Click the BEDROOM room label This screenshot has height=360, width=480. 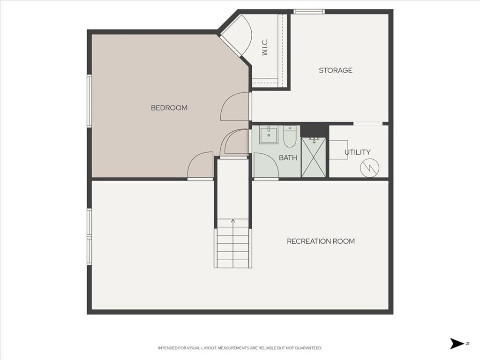(x=169, y=108)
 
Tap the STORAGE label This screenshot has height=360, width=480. (x=336, y=70)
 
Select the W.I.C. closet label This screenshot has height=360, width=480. (x=265, y=47)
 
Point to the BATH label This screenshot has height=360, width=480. (x=288, y=157)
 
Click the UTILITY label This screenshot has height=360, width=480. (x=358, y=152)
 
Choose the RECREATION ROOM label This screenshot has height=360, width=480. (x=321, y=241)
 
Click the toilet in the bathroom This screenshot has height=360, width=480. (x=289, y=136)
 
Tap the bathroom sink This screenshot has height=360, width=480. (x=269, y=135)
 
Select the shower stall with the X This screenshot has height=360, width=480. (x=314, y=157)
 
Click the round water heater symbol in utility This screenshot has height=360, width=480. (x=369, y=168)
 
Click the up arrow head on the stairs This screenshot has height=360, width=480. (x=233, y=221)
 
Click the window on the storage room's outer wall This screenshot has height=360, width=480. (x=309, y=12)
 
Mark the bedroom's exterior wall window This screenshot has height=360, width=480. (x=90, y=101)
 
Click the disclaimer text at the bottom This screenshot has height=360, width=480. (x=240, y=348)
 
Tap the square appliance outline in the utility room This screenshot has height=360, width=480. (x=338, y=150)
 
